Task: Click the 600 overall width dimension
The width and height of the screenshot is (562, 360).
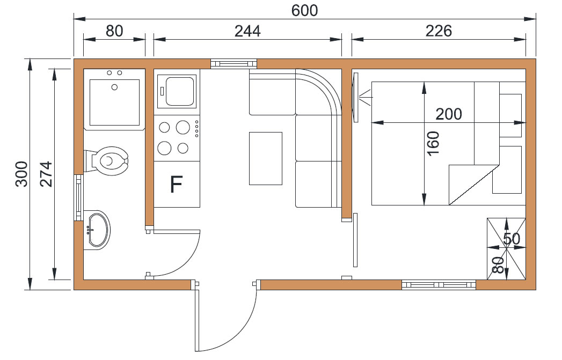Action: point(304,10)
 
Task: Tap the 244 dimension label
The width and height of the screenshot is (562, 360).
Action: point(247,31)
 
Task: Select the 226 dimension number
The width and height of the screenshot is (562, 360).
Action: point(439,31)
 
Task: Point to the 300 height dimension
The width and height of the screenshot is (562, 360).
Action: point(21,174)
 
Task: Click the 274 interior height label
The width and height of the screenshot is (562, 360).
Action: point(46,174)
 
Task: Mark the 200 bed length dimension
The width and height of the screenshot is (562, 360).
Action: point(448,114)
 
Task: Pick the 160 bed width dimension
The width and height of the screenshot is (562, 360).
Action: point(433,143)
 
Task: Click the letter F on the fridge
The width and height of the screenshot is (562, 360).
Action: point(176,185)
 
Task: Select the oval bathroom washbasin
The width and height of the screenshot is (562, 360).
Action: point(98,230)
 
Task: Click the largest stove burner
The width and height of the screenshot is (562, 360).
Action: point(183,127)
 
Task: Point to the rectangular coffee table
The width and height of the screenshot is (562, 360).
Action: point(266,158)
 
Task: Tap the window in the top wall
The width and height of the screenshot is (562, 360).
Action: point(233,64)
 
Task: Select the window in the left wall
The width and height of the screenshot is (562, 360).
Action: point(78,197)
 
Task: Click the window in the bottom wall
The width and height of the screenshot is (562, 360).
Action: point(439,285)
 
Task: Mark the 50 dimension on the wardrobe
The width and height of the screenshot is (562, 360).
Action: point(512,239)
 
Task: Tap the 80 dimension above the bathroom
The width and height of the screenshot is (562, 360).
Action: point(114,31)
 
